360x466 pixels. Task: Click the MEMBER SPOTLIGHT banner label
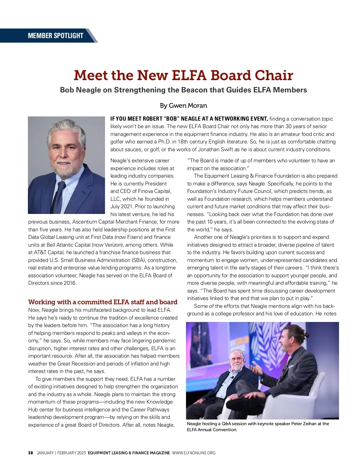(55, 36)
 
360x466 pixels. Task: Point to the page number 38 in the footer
(31, 453)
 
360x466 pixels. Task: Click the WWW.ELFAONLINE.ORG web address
(194, 453)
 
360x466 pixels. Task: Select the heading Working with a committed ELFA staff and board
(103, 302)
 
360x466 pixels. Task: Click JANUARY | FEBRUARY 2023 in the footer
(61, 453)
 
